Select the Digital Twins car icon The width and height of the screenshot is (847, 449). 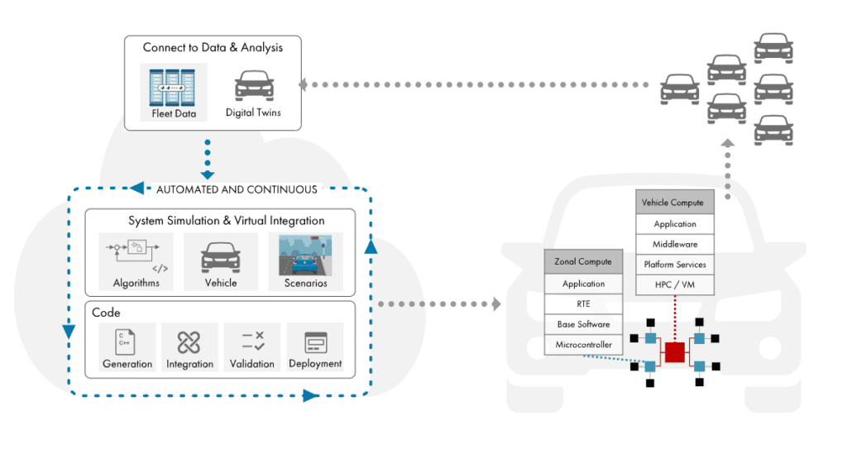[x=253, y=86]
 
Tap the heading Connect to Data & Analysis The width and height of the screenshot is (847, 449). [x=213, y=47]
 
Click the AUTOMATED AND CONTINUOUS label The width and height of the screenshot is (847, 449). [x=237, y=189]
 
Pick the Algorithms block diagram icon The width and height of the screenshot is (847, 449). [x=135, y=253]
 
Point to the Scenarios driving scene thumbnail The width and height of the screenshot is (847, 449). [x=305, y=254]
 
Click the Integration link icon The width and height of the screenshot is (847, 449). [x=189, y=341]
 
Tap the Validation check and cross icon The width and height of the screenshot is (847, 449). [x=252, y=341]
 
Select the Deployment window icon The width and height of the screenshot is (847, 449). [x=315, y=341]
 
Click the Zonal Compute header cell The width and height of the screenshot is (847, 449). [x=583, y=262]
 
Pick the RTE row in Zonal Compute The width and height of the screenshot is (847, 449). [x=583, y=303]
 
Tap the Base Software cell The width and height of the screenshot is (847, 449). [x=583, y=324]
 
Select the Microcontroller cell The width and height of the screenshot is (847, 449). [x=583, y=345]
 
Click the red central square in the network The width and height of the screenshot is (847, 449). [x=675, y=351]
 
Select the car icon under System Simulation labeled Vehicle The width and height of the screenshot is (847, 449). [x=221, y=256]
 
